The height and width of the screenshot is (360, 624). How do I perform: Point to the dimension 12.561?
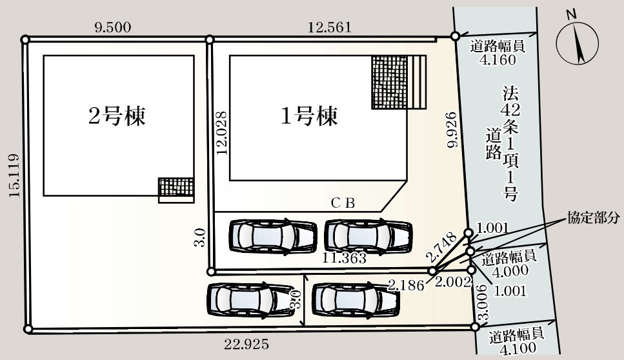[x=330, y=27]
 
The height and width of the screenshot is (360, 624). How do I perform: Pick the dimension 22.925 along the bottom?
[x=247, y=344]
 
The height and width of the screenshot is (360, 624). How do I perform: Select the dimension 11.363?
[x=345, y=259]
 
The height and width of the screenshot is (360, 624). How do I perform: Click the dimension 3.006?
[x=483, y=305]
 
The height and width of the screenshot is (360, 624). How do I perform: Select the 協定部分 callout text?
[x=593, y=217]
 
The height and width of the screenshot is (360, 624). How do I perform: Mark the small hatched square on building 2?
[x=176, y=186]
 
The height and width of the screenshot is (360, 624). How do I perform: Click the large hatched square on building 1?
[x=389, y=82]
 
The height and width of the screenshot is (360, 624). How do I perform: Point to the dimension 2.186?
[x=406, y=283]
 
